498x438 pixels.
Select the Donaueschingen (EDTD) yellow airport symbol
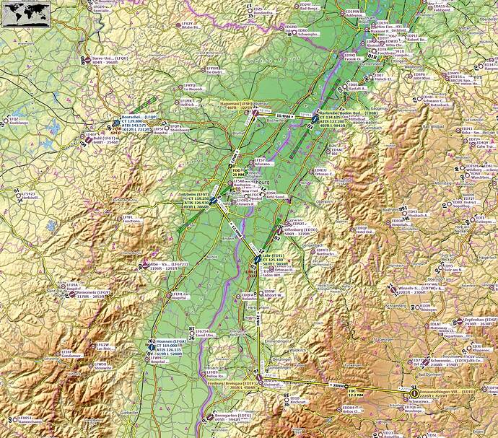pos(414,393)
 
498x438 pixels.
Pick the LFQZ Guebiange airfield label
pos(15,122)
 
